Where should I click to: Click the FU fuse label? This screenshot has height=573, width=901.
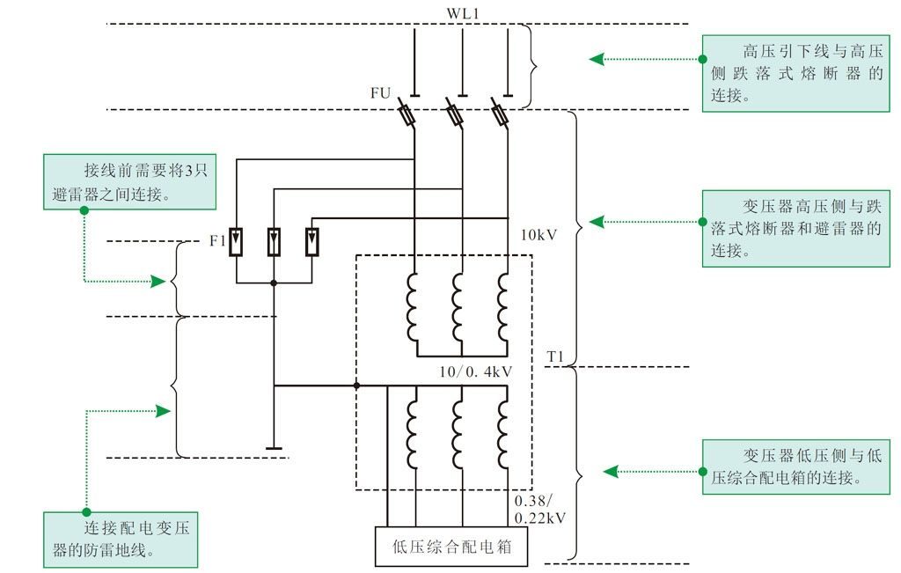point(381,92)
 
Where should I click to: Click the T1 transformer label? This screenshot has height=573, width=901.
point(555,356)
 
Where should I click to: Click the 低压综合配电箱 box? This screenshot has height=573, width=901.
point(451,549)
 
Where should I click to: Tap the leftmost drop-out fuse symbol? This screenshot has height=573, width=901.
point(407,114)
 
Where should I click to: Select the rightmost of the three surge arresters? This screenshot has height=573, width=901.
point(312,241)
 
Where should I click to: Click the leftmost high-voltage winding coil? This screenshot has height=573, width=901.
point(413,306)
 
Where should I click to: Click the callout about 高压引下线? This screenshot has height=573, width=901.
point(795,72)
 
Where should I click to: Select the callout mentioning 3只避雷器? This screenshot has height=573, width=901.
point(129,181)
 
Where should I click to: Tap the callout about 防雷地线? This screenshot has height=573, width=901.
point(121,539)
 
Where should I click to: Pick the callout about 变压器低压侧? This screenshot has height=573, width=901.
point(795,466)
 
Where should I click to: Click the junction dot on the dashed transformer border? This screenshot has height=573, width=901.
point(356,386)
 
